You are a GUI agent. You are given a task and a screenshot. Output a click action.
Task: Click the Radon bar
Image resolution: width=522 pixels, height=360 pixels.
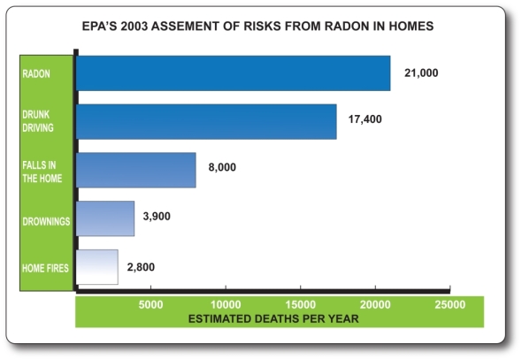point(233,73)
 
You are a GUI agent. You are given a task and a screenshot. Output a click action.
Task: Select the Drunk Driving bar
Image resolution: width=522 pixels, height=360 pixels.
point(206,121)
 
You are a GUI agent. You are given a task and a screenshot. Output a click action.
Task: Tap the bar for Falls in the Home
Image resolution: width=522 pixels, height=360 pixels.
point(136,170)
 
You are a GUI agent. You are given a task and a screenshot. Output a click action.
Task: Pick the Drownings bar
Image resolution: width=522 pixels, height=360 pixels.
point(105,218)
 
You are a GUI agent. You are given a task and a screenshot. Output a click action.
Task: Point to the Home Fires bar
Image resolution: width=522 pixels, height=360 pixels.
point(97,267)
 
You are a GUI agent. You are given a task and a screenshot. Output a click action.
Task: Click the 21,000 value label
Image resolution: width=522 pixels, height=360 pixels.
point(421,73)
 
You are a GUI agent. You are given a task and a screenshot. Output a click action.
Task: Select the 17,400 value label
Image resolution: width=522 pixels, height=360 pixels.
point(365,119)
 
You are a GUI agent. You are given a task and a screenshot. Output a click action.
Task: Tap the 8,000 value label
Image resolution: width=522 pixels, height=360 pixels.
point(222,167)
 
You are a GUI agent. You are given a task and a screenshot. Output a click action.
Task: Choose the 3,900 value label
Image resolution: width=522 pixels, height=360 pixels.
point(157,217)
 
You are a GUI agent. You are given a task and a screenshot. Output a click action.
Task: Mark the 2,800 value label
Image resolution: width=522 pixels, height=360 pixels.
point(141,267)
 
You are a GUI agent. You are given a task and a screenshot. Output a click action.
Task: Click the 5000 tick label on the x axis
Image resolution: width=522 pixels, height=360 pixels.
point(150,305)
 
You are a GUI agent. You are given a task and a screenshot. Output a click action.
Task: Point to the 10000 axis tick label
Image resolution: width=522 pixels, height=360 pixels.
point(226,305)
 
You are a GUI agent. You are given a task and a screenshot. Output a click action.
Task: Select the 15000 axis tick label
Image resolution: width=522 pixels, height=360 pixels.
point(301,305)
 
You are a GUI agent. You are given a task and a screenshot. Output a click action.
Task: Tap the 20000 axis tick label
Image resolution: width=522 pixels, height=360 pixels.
point(375,305)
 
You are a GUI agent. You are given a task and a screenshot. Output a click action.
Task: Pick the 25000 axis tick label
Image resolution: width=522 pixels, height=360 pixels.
point(450,305)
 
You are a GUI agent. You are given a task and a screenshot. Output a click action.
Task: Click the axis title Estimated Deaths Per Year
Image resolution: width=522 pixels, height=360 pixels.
point(273,318)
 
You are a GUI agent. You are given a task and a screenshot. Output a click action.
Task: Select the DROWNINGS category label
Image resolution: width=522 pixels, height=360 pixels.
point(46,221)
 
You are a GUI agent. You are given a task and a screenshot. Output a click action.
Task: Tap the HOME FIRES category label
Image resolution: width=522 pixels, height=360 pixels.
point(45,268)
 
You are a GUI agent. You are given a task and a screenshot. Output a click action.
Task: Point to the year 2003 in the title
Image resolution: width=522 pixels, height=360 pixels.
point(134,26)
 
